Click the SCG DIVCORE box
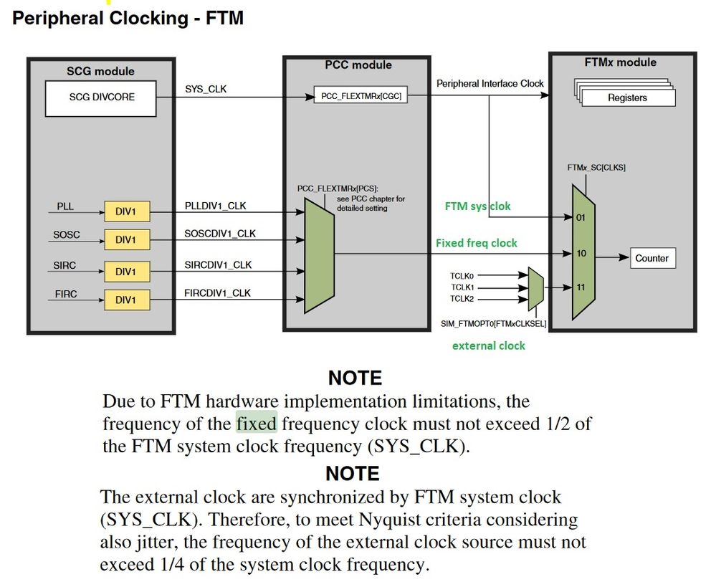(100, 98)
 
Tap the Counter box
(651, 258)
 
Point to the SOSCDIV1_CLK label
(220, 234)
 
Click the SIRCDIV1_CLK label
(218, 265)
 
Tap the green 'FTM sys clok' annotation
(478, 206)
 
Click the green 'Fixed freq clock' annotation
(476, 243)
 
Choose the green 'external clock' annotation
(488, 345)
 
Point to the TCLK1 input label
(462, 287)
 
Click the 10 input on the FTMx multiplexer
(581, 254)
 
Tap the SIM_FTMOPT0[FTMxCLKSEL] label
(493, 324)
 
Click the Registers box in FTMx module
(627, 97)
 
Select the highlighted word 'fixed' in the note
(256, 423)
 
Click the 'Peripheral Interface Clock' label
(490, 84)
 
